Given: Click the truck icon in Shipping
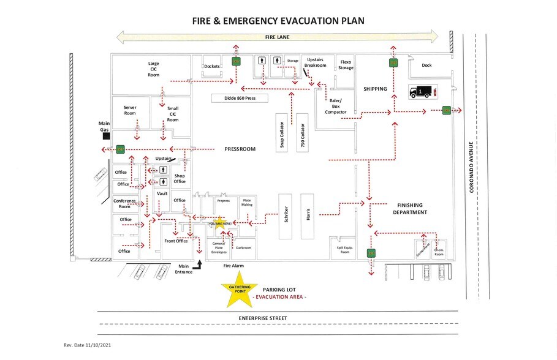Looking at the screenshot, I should [x=419, y=92].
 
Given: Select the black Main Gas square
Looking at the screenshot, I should [x=106, y=135].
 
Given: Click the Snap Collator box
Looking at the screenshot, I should [x=282, y=132].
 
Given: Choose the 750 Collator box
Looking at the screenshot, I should [x=302, y=132].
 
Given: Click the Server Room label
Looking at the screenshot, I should [x=129, y=110].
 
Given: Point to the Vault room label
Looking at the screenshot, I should [x=162, y=193].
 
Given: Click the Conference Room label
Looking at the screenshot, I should [x=125, y=204].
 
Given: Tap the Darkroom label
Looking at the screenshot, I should [x=244, y=248].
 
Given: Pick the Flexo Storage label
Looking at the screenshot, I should [x=346, y=65].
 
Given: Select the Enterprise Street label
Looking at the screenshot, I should [x=263, y=318].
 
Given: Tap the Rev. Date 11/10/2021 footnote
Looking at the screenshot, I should [x=87, y=345].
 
